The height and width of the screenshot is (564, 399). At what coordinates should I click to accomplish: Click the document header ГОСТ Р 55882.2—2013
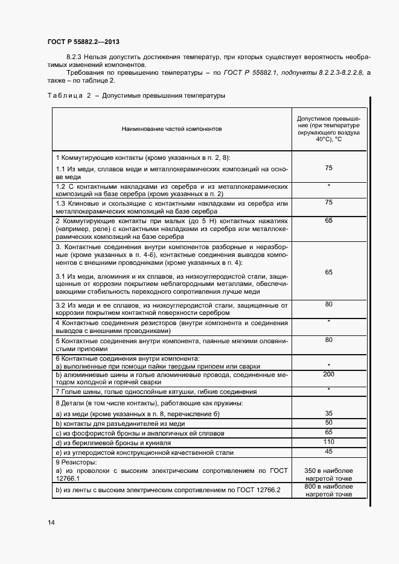coord(83,42)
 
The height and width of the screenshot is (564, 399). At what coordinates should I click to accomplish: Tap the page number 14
coord(51,522)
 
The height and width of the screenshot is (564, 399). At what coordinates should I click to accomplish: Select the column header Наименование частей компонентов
coord(172,129)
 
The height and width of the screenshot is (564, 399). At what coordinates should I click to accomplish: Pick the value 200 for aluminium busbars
coord(329,375)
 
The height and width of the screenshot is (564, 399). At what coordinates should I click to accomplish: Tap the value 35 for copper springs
coord(329,413)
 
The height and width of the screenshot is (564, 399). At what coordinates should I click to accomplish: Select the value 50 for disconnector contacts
coord(329,423)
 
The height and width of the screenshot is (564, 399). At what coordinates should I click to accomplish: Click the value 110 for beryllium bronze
coord(329,442)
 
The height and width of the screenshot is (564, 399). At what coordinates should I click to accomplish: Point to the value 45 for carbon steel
coord(329,451)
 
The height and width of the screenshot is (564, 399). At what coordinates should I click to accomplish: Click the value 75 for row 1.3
coord(329,203)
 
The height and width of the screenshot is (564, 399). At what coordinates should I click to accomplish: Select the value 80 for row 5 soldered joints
coord(329,340)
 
